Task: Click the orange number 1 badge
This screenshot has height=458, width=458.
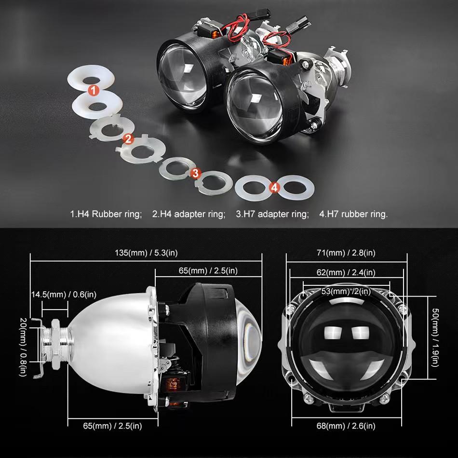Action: (94, 90)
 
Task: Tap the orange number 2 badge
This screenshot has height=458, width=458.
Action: (128, 139)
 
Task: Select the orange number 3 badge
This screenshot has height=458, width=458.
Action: (195, 173)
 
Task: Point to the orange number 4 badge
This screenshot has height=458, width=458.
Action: (274, 188)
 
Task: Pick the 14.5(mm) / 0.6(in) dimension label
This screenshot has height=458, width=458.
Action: (64, 294)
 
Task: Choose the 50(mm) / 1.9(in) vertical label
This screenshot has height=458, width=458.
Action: (435, 339)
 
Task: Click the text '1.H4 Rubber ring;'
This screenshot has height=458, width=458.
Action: (106, 214)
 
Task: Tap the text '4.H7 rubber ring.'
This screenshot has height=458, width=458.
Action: (353, 214)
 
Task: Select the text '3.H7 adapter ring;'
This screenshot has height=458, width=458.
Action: (272, 214)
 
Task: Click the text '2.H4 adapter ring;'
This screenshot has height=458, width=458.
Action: (189, 214)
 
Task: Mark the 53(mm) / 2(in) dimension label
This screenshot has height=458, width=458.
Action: (347, 291)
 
